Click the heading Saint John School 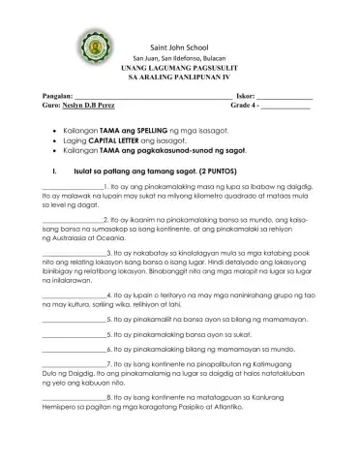coord(181,47)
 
